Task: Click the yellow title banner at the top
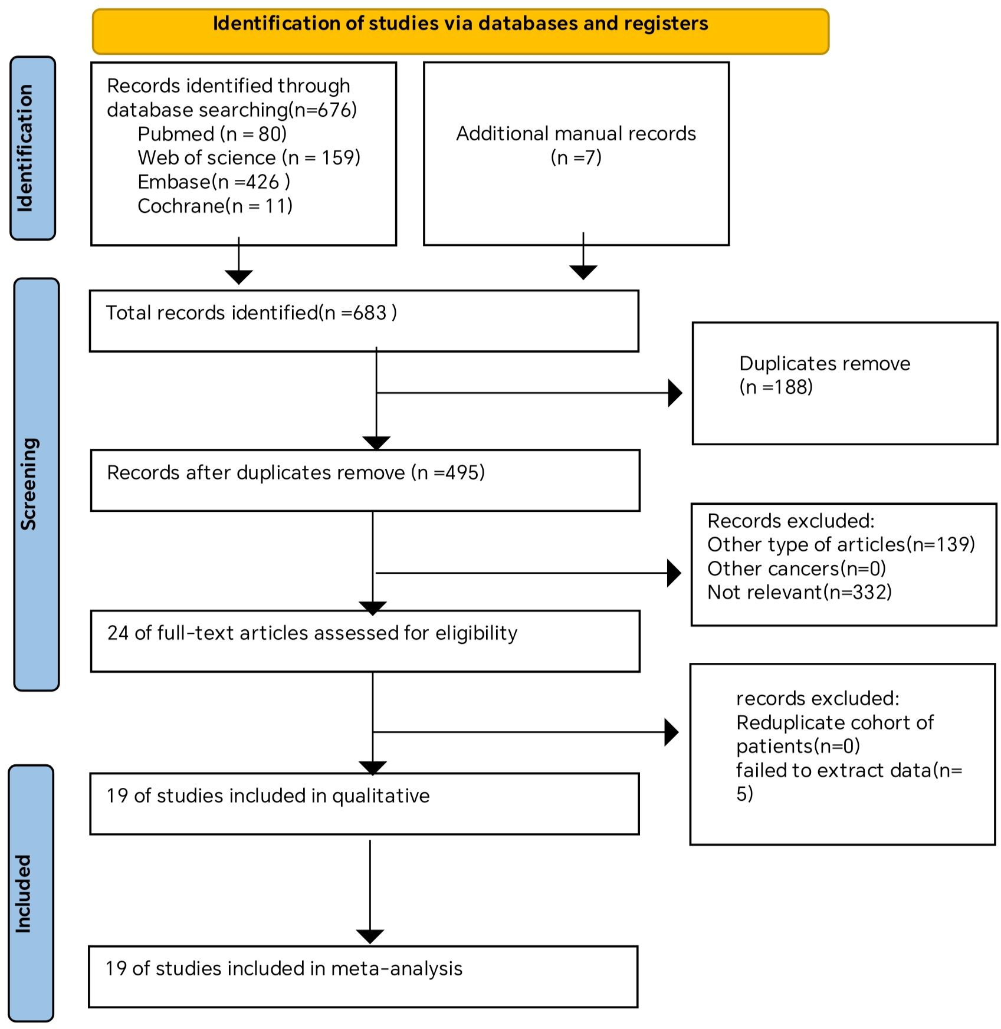[460, 31]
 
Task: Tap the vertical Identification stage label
[33, 148]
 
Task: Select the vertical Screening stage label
[36, 484]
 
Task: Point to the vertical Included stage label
[31, 893]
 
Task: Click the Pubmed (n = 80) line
[212, 134]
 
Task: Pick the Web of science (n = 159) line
[249, 157]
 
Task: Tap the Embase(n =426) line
[214, 182]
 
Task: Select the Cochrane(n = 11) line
[215, 206]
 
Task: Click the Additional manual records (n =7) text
[576, 145]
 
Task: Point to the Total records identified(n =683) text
[251, 313]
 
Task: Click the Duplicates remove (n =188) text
[825, 375]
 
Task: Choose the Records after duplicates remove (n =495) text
[296, 472]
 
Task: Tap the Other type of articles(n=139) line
[841, 544]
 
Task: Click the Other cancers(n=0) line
[796, 568]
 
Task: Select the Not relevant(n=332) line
[799, 592]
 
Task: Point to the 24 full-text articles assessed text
[312, 633]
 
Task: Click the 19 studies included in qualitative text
[268, 795]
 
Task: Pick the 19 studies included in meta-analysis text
[284, 968]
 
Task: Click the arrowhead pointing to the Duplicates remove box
[675, 393]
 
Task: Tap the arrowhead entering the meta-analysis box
[370, 936]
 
